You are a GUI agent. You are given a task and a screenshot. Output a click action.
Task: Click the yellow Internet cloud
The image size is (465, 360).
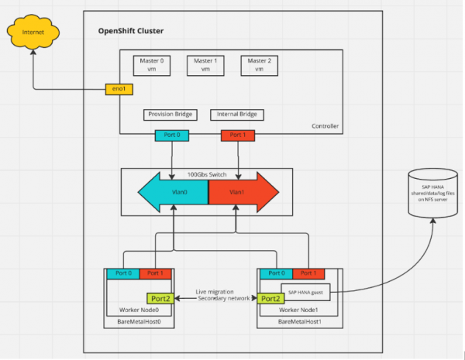pos(33,34)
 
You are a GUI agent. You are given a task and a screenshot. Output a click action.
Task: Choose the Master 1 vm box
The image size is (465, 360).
pos(204,65)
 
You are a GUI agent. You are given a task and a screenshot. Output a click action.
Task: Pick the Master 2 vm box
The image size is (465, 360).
pos(257,65)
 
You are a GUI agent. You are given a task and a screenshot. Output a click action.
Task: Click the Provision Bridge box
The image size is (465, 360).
pos(167,115)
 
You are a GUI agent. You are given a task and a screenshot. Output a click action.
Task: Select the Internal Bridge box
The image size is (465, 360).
pos(236,115)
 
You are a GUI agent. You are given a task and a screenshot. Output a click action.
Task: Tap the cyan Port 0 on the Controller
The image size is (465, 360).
pos(170,135)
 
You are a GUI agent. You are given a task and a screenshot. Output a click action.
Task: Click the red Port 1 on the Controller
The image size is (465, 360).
pos(237,135)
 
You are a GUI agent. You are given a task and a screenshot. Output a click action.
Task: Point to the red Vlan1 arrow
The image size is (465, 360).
pos(242,192)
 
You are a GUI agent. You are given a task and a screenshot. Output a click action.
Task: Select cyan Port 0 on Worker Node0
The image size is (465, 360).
pos(122,273)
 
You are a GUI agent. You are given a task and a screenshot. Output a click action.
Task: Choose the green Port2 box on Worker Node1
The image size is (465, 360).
pos(270,298)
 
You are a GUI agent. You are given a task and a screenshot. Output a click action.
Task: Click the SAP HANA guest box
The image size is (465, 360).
pos(308,292)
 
